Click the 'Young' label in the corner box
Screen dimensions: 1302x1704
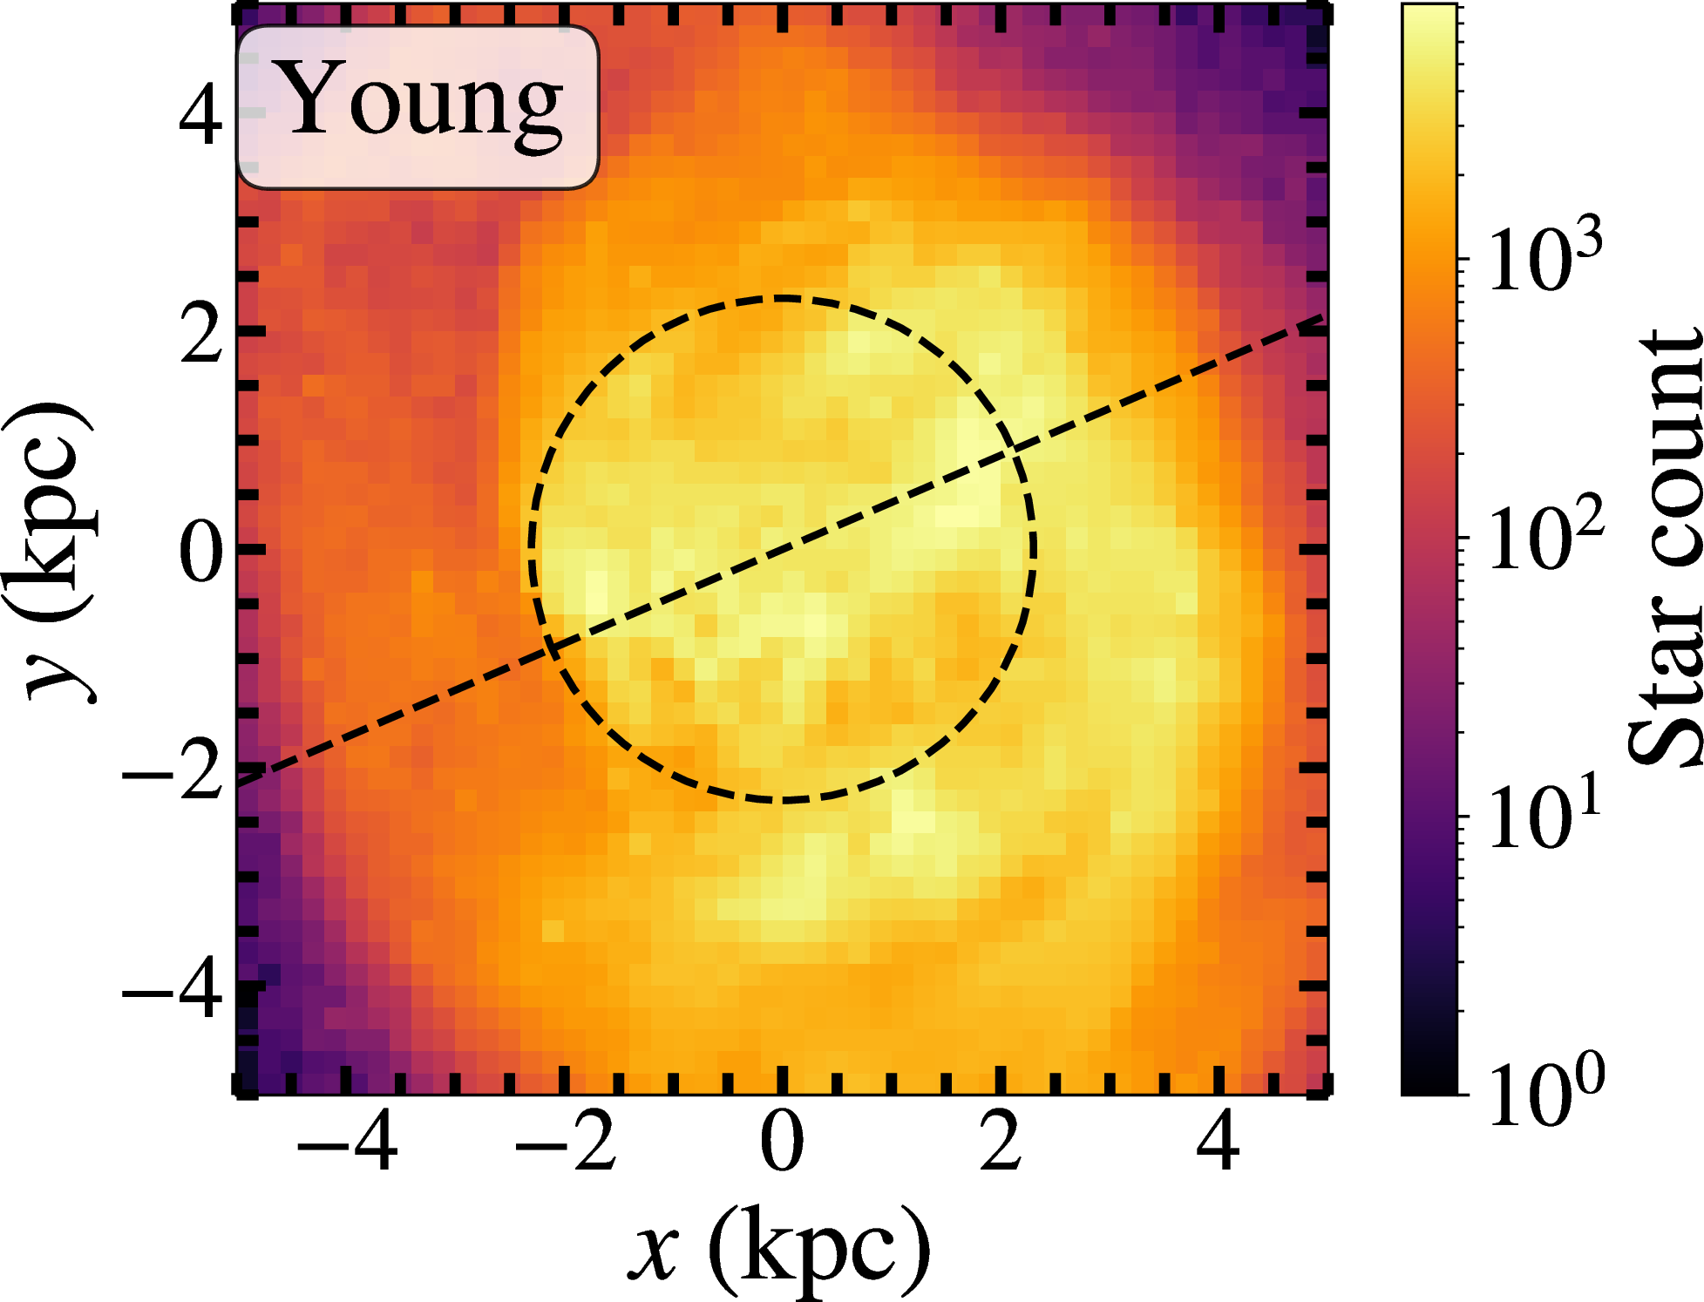[x=418, y=103]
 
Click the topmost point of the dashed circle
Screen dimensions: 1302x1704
[x=782, y=298]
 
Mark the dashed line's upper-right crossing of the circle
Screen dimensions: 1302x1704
[x=1014, y=449]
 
